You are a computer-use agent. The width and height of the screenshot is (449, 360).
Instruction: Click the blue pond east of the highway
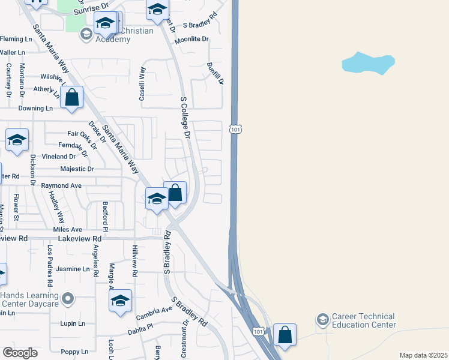[x=367, y=62]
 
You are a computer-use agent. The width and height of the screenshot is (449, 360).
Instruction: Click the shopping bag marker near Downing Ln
[x=71, y=98]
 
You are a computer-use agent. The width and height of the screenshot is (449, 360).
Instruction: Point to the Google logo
[x=20, y=352]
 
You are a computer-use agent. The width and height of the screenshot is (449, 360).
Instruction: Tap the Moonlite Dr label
[x=192, y=39]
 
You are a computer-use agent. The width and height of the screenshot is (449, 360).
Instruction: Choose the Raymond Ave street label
[x=61, y=186]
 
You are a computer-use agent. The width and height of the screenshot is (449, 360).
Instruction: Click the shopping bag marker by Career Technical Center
[x=285, y=335]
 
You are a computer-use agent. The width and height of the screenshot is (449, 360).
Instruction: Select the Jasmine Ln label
[x=73, y=269]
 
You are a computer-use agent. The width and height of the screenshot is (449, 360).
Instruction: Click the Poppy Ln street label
[x=74, y=352]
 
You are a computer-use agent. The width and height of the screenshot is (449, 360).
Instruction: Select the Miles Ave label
[x=67, y=230]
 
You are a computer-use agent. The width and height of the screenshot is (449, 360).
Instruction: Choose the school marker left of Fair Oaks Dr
[x=17, y=140]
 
